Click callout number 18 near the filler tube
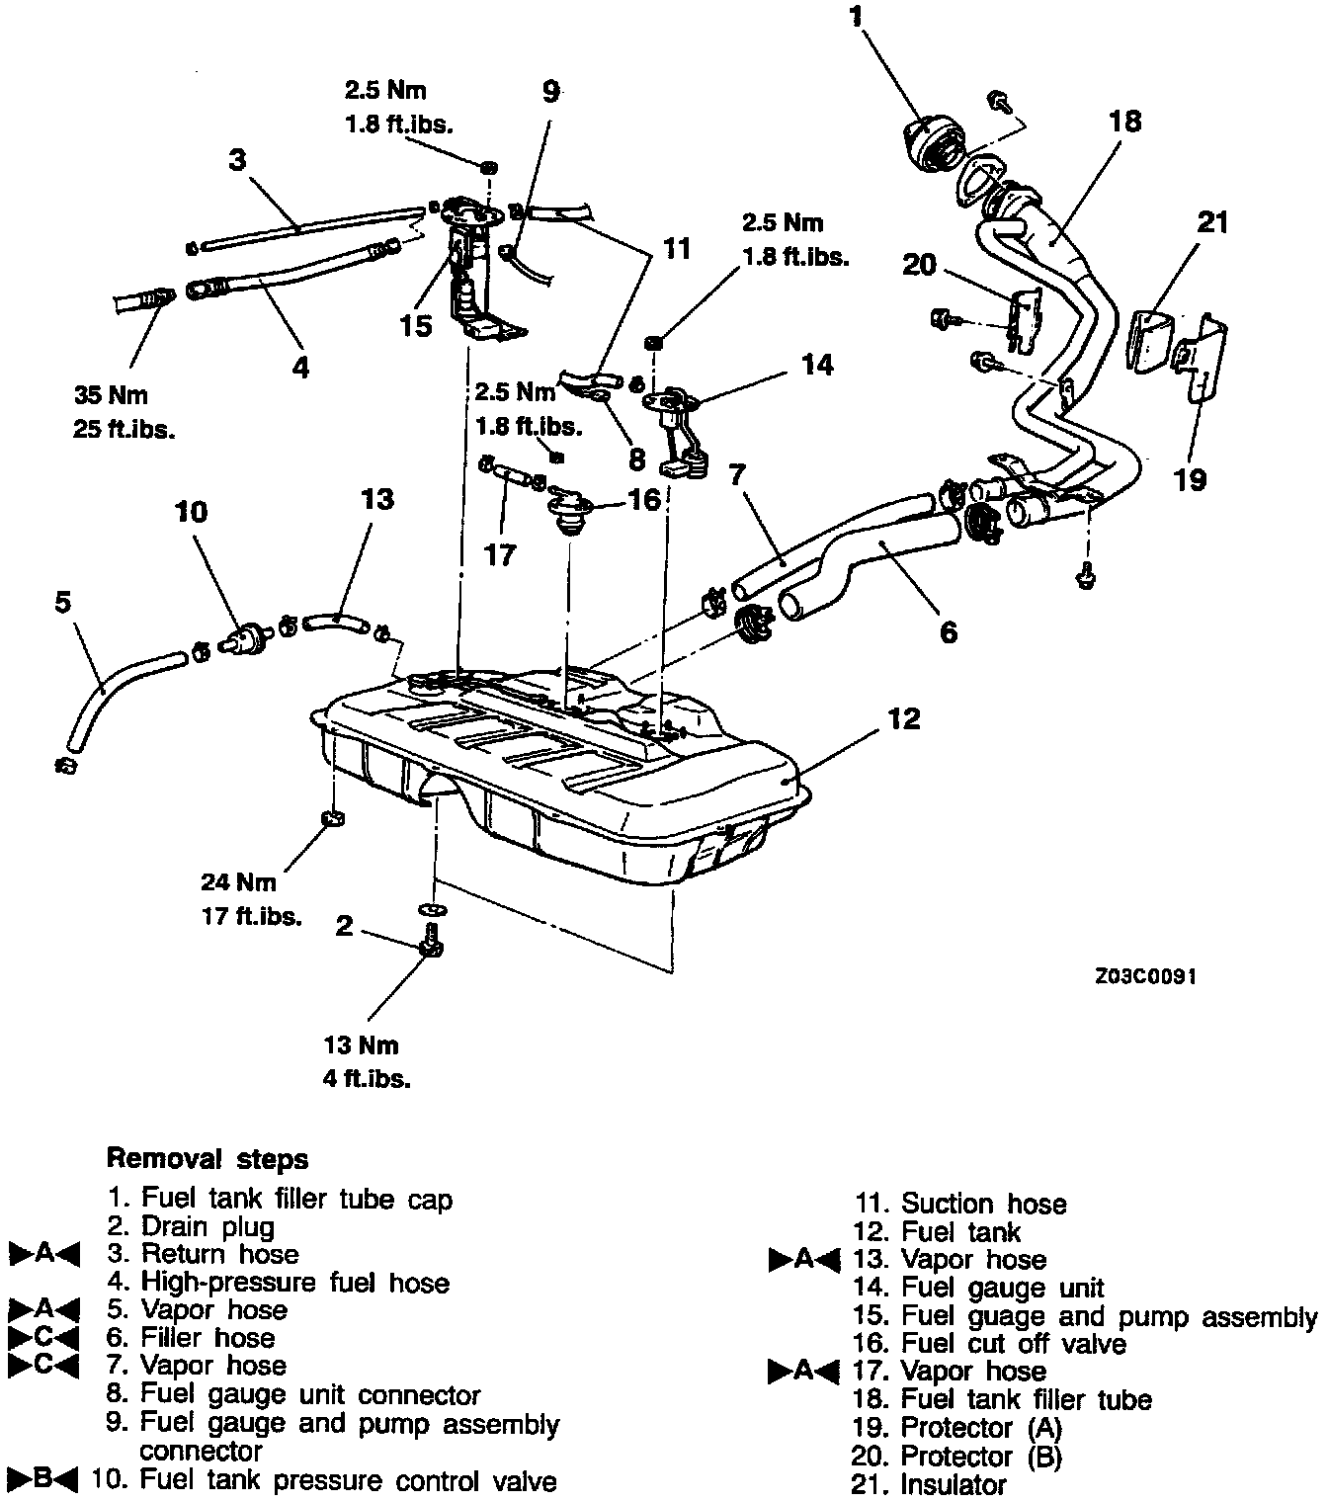pos(1124,121)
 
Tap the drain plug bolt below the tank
pos(431,944)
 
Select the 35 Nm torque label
pos(110,395)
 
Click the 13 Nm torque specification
pos(361,1045)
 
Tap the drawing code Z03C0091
pos(1146,976)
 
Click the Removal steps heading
pos(207,1158)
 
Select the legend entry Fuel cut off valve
pos(1013,1344)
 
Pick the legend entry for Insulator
pos(953,1484)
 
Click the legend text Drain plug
pos(207,1227)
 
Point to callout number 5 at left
pos(63,602)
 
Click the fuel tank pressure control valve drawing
pos(244,639)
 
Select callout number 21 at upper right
pos(1211,222)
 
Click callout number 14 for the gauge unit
pos(816,366)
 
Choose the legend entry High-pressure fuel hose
pos(294,1283)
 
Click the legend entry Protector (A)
pos(980,1428)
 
